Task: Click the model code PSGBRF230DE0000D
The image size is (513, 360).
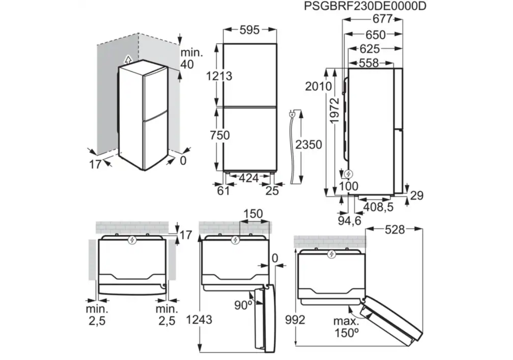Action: pyautogui.click(x=365, y=6)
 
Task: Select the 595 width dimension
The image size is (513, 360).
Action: pyautogui.click(x=250, y=30)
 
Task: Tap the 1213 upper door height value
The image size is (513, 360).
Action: pyautogui.click(x=219, y=76)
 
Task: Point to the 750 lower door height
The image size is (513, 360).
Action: pyautogui.click(x=220, y=135)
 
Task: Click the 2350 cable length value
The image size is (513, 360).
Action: pyautogui.click(x=309, y=144)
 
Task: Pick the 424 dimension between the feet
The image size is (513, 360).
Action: pyautogui.click(x=248, y=178)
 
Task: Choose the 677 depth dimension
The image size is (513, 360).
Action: pyautogui.click(x=383, y=19)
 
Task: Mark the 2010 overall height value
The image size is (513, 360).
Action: pyautogui.click(x=318, y=86)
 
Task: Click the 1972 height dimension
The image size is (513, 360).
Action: pyautogui.click(x=335, y=110)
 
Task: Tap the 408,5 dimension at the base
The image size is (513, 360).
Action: pyautogui.click(x=379, y=207)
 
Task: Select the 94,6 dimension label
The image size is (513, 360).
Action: pyautogui.click(x=350, y=221)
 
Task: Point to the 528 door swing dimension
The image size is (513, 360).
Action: pyautogui.click(x=395, y=229)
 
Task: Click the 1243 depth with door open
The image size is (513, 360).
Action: pyautogui.click(x=199, y=319)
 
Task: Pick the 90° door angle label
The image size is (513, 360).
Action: pyautogui.click(x=243, y=305)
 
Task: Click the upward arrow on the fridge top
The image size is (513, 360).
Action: pyautogui.click(x=129, y=60)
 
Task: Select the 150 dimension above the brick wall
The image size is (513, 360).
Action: pyautogui.click(x=253, y=214)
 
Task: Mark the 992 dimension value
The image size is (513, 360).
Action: pyautogui.click(x=295, y=320)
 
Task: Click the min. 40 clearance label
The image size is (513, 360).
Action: pyautogui.click(x=191, y=58)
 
